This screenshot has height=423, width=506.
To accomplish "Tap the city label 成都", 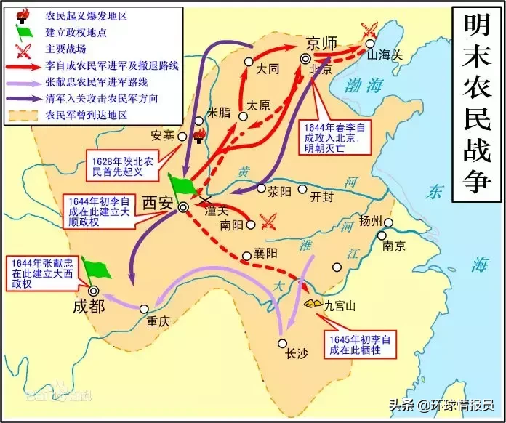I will click(89, 306).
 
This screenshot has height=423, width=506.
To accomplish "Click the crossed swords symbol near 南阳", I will click(270, 221).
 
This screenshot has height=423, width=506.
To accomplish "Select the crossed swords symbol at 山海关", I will click(369, 29).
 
